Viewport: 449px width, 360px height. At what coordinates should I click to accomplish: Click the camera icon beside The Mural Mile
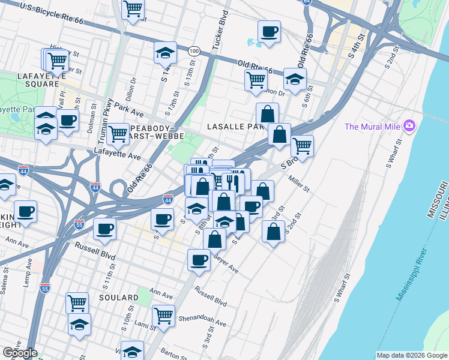pyautogui.click(x=410, y=126)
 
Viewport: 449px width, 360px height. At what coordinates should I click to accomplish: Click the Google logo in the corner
pyautogui.click(x=20, y=353)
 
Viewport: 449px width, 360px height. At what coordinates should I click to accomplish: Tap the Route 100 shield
pyautogui.click(x=193, y=51)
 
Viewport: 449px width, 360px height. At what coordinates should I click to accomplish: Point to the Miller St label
pyautogui.click(x=298, y=182)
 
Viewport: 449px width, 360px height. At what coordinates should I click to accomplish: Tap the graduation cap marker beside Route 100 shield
pyautogui.click(x=165, y=53)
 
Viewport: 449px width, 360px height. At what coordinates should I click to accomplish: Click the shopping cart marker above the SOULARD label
pyautogui.click(x=77, y=303)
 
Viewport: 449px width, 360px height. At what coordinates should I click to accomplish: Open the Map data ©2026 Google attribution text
pyautogui.click(x=412, y=355)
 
